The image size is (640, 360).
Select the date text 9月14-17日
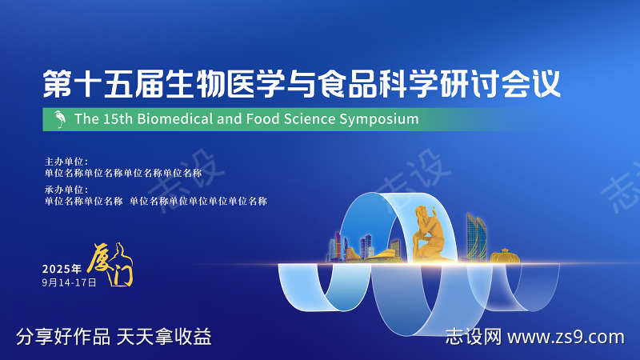69,282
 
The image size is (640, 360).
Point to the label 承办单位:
66,190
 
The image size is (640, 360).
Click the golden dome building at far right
505,257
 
